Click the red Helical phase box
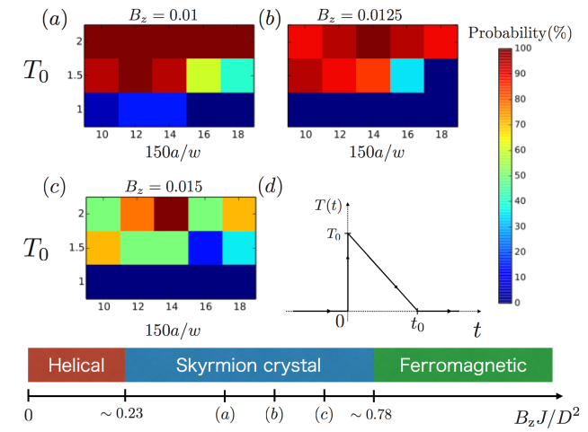coord(76,366)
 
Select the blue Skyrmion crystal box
coord(248,366)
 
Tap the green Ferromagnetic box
coord(462,366)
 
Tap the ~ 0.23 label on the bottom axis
coord(125,415)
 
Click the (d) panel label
coord(271,186)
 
